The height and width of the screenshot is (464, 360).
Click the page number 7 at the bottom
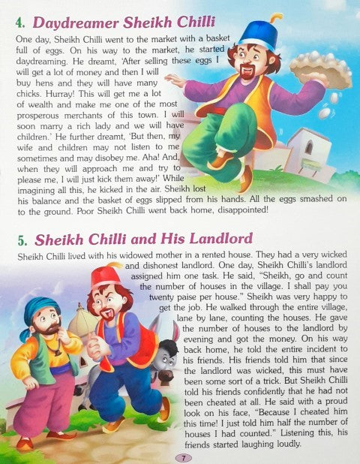pyautogui.click(x=180, y=457)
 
